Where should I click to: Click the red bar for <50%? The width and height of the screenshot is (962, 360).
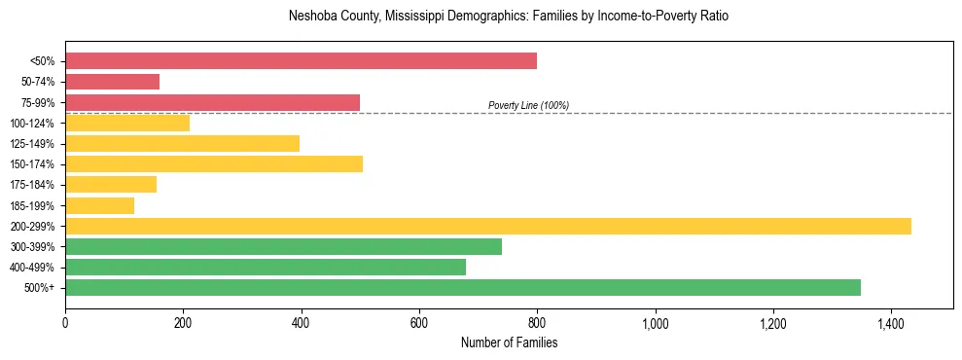301,60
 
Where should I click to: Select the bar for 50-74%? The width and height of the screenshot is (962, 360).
112,82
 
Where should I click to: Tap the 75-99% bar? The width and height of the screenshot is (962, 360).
212,102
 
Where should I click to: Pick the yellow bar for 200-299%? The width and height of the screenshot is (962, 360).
487,226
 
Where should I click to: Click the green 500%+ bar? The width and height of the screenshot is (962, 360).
462,287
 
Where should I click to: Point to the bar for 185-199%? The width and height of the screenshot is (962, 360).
99,205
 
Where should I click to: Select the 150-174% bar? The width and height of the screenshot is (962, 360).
213,163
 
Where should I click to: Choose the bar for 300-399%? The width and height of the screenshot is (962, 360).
283,246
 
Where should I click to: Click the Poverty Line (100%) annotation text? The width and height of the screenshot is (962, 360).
528,105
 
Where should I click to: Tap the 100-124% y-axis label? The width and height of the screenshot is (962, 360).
32,124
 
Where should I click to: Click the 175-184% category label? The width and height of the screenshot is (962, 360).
32,185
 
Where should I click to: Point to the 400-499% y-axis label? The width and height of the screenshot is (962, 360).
32,268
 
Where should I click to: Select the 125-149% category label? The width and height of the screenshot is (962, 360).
32,144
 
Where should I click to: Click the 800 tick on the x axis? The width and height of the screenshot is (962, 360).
537,323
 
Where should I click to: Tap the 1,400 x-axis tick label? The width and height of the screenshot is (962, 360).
890,323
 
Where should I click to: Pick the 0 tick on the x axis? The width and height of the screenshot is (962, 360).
65,323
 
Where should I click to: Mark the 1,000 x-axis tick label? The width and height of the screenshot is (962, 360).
655,323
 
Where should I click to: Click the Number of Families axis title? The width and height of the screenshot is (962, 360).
509,342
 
